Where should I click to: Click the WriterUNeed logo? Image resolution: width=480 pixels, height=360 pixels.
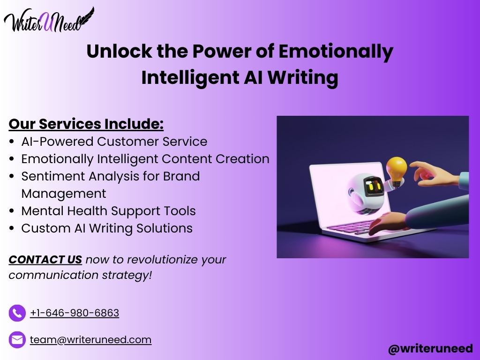(49, 20)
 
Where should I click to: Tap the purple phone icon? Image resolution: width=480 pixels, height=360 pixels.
(17, 313)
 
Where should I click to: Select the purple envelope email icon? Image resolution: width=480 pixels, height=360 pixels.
(17, 340)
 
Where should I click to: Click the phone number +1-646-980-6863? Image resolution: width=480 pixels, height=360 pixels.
(75, 313)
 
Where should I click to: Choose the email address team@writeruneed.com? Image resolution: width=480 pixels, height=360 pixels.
(90, 340)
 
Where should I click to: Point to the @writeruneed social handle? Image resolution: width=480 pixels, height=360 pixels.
(430, 349)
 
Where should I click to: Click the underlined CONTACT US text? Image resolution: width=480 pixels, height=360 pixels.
(45, 260)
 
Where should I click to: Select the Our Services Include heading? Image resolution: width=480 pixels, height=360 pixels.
(86, 124)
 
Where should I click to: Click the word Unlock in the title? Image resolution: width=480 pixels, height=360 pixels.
(119, 51)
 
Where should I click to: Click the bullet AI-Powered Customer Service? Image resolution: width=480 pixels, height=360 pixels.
(114, 142)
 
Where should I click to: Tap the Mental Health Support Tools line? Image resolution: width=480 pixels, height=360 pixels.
(108, 211)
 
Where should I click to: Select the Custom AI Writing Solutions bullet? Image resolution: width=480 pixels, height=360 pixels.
(107, 229)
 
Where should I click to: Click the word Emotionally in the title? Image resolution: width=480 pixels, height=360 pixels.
(336, 52)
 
